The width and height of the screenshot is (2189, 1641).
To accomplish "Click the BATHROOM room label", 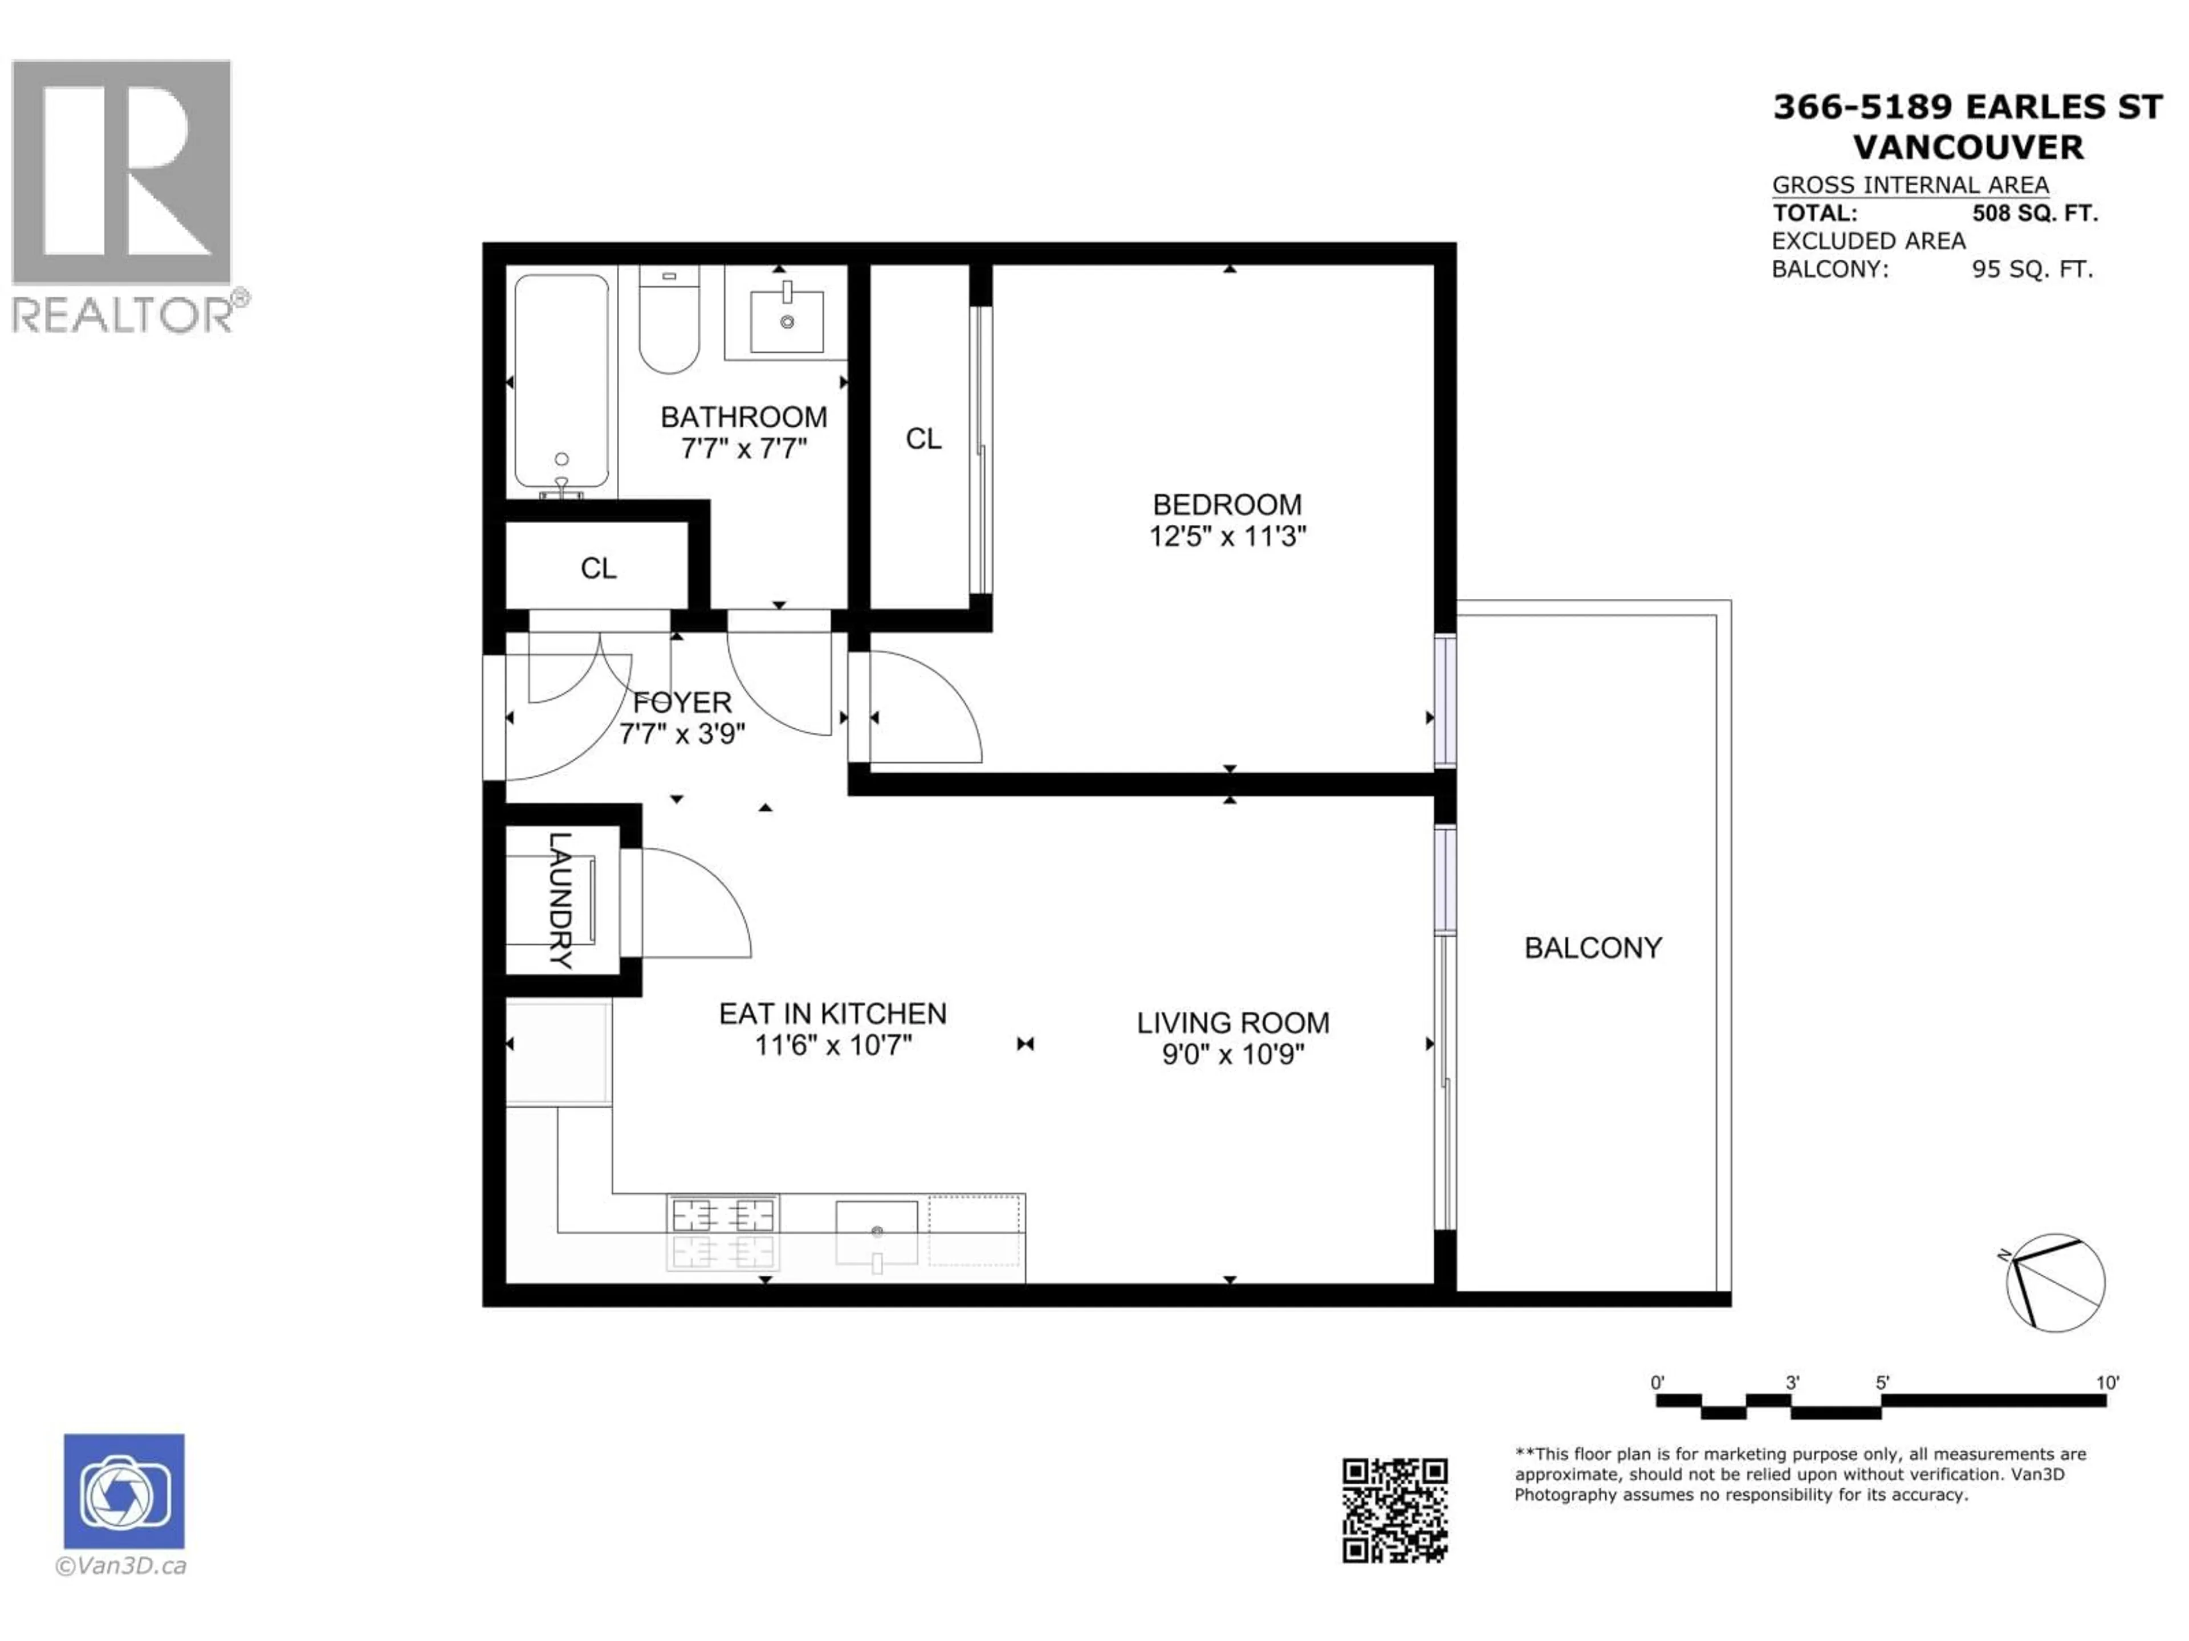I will point(743,417).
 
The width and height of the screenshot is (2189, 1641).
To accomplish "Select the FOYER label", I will point(682,703).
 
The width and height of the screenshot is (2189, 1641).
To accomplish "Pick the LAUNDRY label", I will point(560,900).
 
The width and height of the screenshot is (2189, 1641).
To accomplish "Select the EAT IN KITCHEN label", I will point(832,1014).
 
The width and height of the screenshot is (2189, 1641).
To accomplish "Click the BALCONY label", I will point(1592,948).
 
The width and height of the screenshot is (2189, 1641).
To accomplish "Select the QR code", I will point(1394,1511).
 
